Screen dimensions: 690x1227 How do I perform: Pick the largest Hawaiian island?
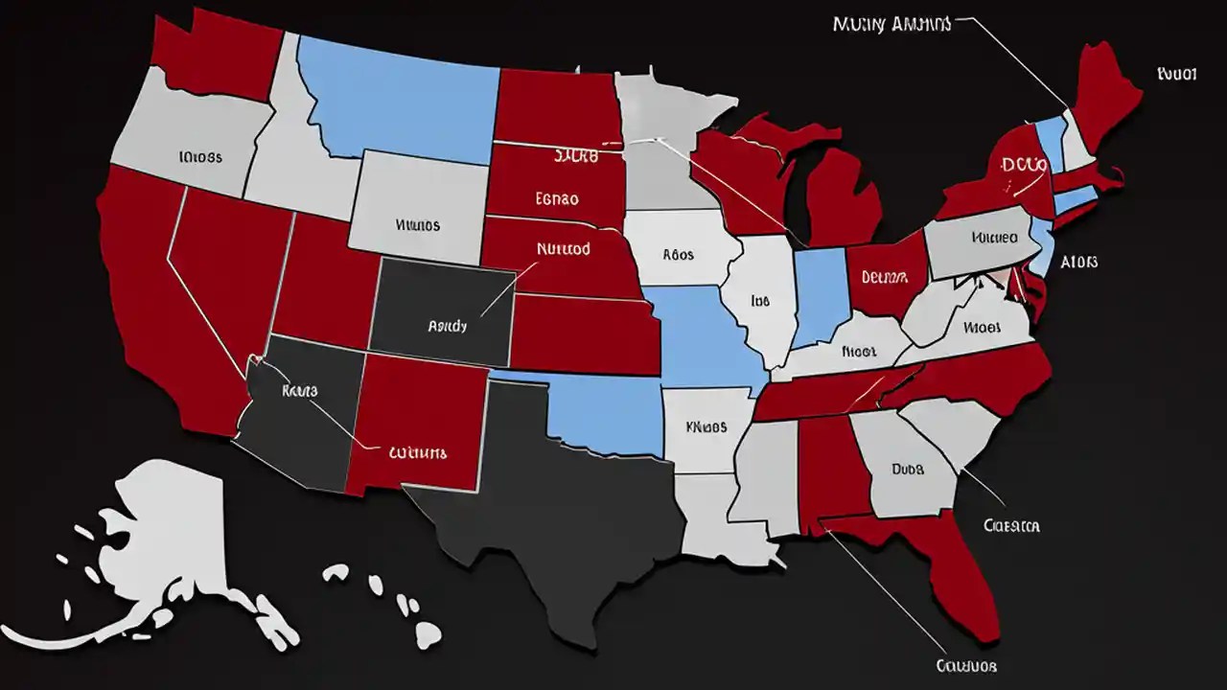pyautogui.click(x=428, y=633)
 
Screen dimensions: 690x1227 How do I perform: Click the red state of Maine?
pyautogui.click(x=1102, y=91)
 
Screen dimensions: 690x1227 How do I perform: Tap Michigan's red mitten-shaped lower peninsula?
pyautogui.click(x=844, y=192)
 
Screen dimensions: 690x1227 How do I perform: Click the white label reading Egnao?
pyautogui.click(x=556, y=199)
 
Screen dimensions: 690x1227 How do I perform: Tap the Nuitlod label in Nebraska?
pyautogui.click(x=563, y=248)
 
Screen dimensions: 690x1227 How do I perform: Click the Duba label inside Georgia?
pyautogui.click(x=907, y=470)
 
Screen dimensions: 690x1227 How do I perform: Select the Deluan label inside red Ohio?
pyautogui.click(x=883, y=277)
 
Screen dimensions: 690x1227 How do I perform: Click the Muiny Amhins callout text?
pyautogui.click(x=891, y=25)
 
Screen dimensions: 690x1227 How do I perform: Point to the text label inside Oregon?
pyautogui.click(x=200, y=155)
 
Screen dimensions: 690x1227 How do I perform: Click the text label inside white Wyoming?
pyautogui.click(x=418, y=226)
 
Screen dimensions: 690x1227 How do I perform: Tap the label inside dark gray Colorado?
pyautogui.click(x=447, y=326)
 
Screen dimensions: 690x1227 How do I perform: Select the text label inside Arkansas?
pyautogui.click(x=707, y=427)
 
